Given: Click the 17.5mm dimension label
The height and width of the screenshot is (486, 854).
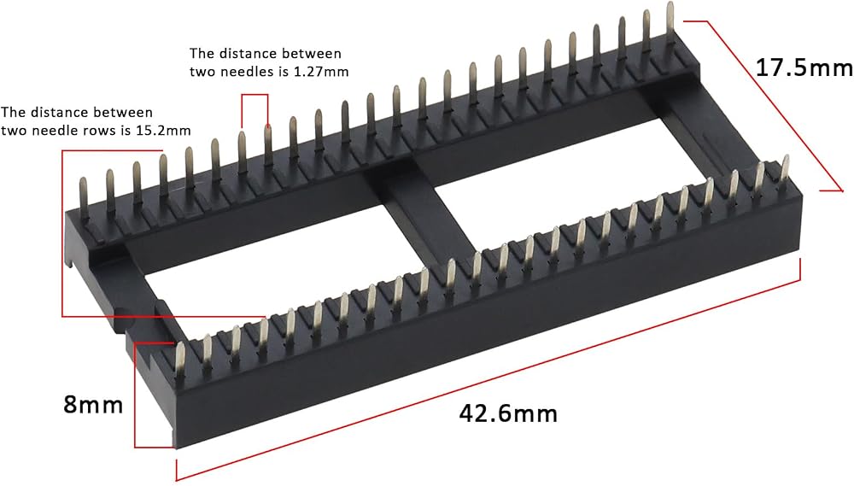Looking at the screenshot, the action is pyautogui.click(x=804, y=68).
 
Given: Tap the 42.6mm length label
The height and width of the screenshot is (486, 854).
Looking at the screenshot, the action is pyautogui.click(x=508, y=413).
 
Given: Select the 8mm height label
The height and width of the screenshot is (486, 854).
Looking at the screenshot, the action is pyautogui.click(x=93, y=405).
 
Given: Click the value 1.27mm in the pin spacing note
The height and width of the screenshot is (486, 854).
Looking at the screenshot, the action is pyautogui.click(x=321, y=72).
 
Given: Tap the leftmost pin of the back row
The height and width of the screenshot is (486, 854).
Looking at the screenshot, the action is pyautogui.click(x=84, y=197).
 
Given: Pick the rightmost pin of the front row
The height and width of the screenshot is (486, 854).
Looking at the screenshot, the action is pyautogui.click(x=785, y=169).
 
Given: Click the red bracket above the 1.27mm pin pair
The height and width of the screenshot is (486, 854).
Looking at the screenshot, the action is pyautogui.click(x=254, y=95).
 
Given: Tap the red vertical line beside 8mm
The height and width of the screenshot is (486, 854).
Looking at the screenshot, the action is pyautogui.click(x=135, y=395).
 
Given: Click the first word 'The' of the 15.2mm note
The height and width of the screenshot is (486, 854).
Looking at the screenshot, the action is pyautogui.click(x=13, y=112).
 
